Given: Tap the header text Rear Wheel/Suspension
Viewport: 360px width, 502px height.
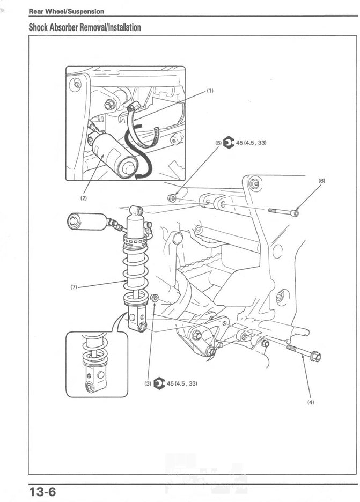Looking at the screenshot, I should click(x=66, y=11).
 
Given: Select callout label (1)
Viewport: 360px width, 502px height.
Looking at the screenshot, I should click(x=210, y=91).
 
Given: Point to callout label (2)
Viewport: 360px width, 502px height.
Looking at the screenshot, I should click(x=84, y=198).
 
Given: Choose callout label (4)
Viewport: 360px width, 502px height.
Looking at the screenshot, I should click(x=311, y=402).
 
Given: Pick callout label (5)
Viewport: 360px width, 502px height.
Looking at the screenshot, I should click(x=218, y=143).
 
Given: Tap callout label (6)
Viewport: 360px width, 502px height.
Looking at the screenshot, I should click(x=321, y=181).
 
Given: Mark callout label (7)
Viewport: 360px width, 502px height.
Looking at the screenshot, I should click(x=74, y=287).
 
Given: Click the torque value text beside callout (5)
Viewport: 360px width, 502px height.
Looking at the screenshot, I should click(x=251, y=143).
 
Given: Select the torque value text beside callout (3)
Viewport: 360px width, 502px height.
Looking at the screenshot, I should click(x=182, y=383).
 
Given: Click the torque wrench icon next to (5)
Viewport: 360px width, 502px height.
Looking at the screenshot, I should click(x=229, y=143).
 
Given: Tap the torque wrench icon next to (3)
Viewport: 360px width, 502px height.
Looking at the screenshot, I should click(x=159, y=383).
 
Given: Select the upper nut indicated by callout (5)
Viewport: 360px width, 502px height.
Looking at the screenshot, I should click(x=172, y=198).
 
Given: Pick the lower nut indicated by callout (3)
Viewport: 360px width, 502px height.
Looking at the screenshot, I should click(x=155, y=297).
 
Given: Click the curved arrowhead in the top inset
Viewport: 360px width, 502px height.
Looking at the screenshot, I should click(x=141, y=175).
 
